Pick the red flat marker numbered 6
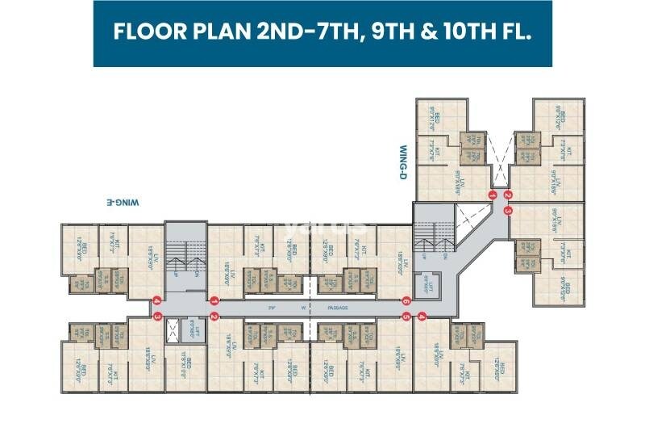pyautogui.click(x=406, y=300)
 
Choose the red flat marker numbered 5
pyautogui.click(x=406, y=316)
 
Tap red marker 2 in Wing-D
pyautogui.click(x=508, y=195)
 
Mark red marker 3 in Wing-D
pyautogui.click(x=508, y=210)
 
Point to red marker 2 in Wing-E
pyautogui.click(x=214, y=316)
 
